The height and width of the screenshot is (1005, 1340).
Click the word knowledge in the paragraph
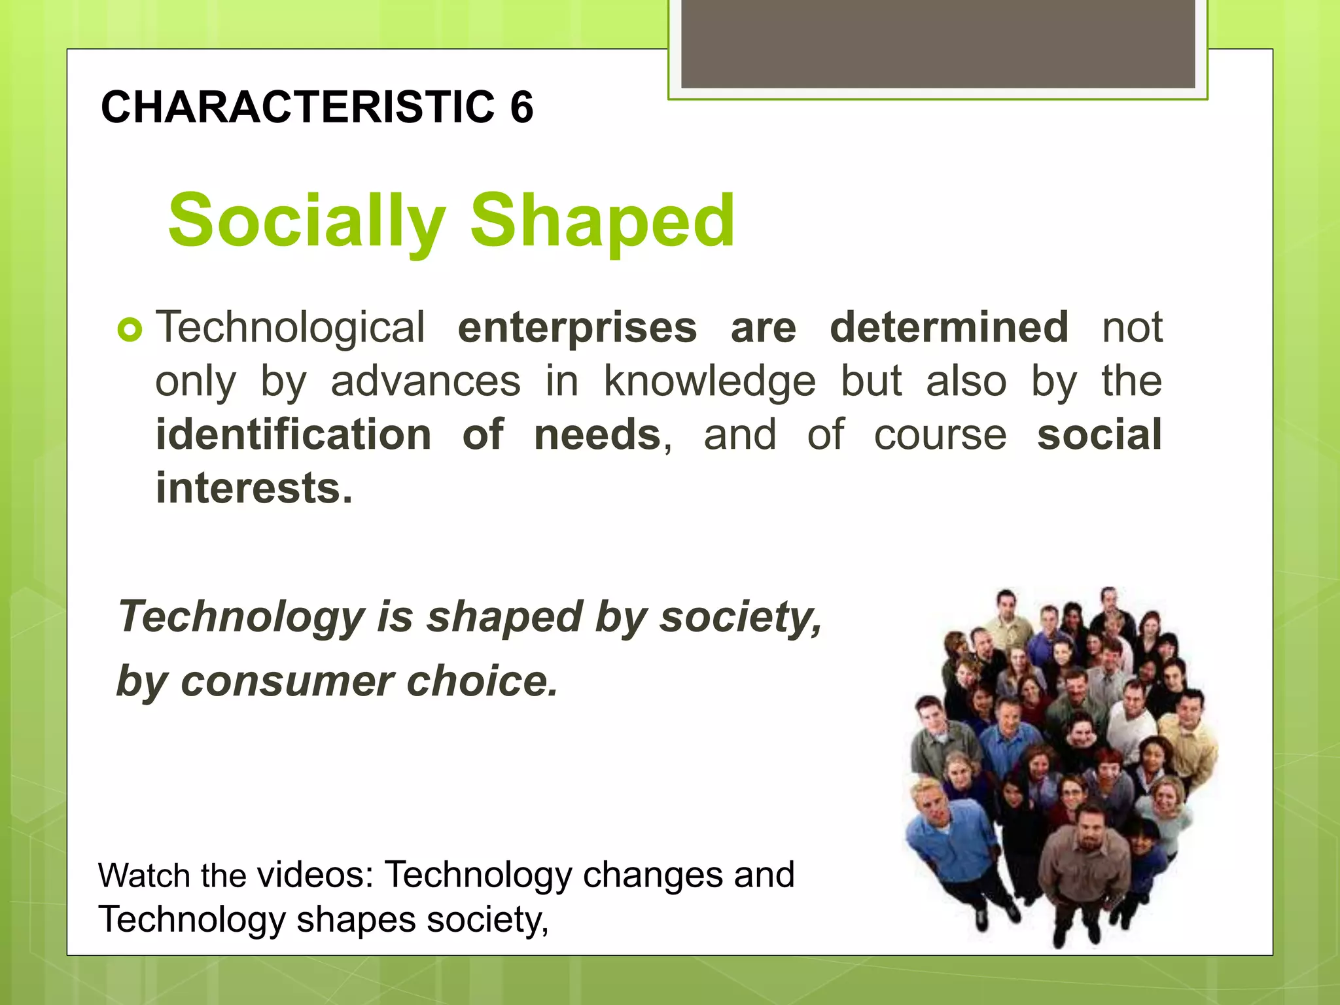click(709, 381)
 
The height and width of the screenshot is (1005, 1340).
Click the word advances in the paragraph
click(425, 381)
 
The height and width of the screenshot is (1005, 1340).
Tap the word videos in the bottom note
click(315, 875)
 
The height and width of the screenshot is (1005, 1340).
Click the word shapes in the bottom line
click(356, 919)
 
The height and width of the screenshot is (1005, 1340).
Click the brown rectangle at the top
click(938, 43)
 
